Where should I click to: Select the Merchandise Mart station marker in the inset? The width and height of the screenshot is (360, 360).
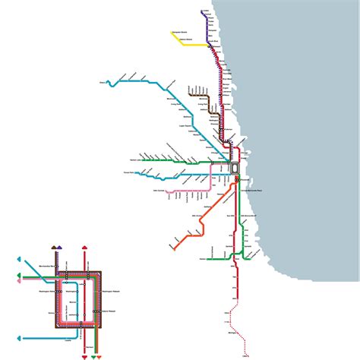67,272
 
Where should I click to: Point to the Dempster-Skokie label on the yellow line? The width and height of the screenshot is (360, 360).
181,31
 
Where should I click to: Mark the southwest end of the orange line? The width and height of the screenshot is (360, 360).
172,248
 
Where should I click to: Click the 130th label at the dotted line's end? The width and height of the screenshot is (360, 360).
245,353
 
